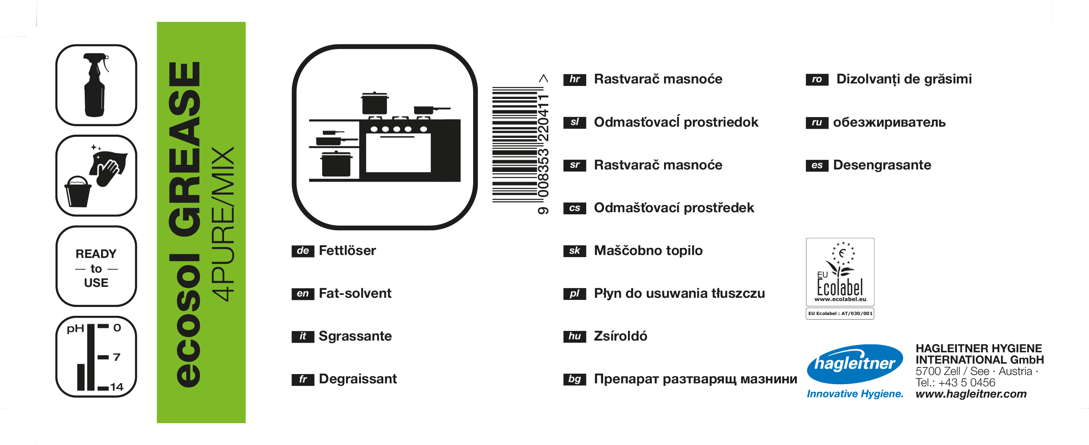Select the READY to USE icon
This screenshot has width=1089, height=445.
click(x=96, y=266)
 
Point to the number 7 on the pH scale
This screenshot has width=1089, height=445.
click(x=117, y=357)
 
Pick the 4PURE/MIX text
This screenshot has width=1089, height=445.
click(x=222, y=224)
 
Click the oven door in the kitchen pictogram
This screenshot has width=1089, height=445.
click(x=398, y=153)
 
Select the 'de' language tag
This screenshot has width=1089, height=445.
click(x=303, y=251)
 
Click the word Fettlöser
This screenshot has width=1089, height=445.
click(x=347, y=251)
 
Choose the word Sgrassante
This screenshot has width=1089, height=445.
click(x=355, y=336)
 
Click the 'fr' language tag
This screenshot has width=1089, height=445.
click(x=303, y=380)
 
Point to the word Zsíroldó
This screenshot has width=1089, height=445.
click(x=620, y=336)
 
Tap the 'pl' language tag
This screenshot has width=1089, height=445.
click(x=575, y=294)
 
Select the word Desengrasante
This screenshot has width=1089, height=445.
click(x=882, y=165)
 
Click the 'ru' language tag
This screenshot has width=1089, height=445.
click(x=817, y=122)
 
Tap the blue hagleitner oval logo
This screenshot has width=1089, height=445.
click(x=855, y=364)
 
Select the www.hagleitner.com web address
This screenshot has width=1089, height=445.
click(x=971, y=394)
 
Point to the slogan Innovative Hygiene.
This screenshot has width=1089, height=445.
click(x=855, y=394)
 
